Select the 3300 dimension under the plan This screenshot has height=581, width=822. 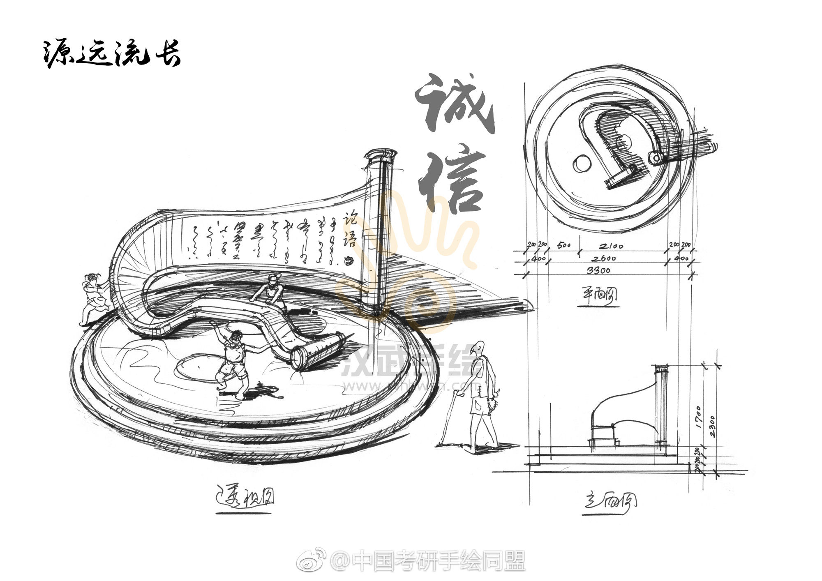tap(598, 270)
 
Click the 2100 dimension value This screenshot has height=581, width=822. tap(611, 246)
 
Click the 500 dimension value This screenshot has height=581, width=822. tap(564, 245)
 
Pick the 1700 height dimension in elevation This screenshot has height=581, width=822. tap(700, 417)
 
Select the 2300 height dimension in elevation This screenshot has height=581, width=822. tap(712, 427)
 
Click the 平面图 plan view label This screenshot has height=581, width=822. tap(599, 295)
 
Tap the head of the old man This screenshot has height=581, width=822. tap(477, 348)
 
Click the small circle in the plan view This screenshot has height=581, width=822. tap(582, 164)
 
